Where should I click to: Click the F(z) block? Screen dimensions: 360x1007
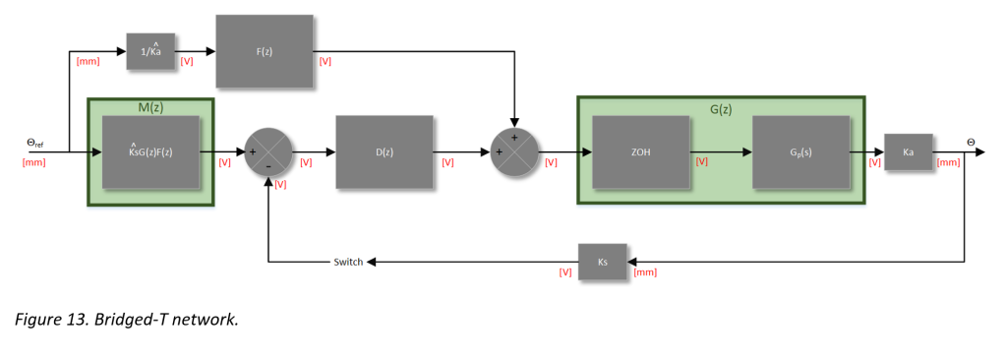265,51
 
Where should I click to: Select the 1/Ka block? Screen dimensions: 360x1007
150,51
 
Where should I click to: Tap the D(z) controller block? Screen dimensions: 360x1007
384,152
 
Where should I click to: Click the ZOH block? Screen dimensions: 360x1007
640,152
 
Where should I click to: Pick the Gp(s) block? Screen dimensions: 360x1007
800,152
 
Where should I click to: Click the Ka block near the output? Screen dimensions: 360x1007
908,152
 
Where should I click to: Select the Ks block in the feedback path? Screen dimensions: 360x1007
603,262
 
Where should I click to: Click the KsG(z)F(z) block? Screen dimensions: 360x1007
150,152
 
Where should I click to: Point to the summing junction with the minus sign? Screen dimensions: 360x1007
268,152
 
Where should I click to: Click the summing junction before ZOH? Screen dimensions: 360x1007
514,152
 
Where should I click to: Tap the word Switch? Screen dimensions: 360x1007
348,262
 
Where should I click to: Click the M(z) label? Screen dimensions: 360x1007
149,106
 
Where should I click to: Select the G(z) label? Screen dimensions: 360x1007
721,106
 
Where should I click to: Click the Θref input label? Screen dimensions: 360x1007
34,144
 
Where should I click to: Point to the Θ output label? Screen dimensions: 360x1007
971,143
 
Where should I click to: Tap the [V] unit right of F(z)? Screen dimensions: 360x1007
326,61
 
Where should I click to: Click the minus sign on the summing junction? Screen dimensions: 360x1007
269,166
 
